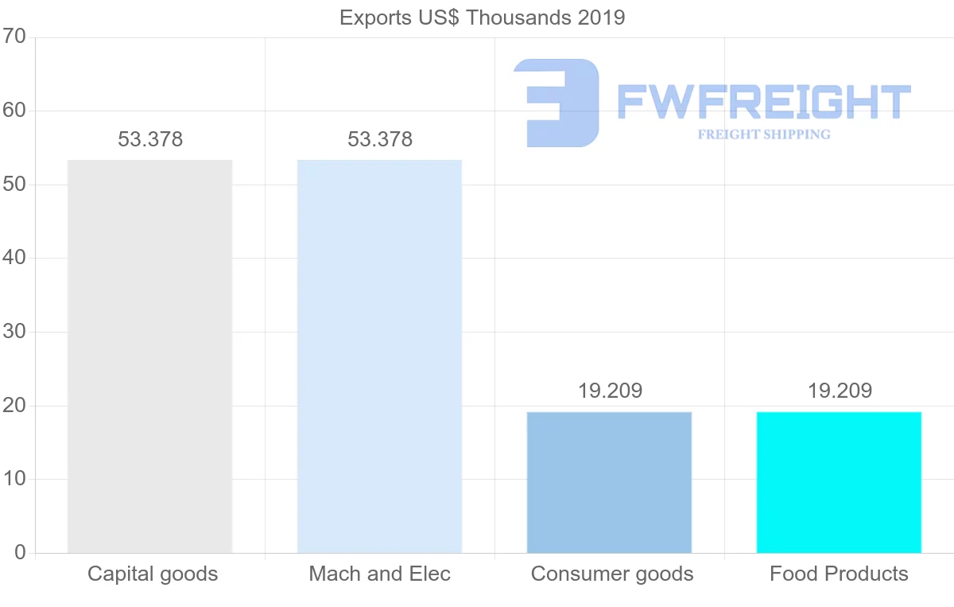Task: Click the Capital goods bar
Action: [149, 356]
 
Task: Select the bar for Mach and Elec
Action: [379, 356]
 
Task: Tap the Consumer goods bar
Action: [609, 482]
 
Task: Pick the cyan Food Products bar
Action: [839, 482]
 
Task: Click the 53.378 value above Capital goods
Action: [150, 139]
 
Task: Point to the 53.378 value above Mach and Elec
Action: [380, 139]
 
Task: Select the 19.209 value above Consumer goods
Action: [610, 391]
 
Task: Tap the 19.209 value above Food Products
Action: [840, 391]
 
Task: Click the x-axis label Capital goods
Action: [153, 574]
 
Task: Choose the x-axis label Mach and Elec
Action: [380, 574]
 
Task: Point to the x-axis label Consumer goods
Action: [612, 574]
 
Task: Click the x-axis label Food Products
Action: [839, 574]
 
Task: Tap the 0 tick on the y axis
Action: [20, 553]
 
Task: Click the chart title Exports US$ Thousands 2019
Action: [483, 18]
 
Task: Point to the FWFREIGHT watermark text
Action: [763, 102]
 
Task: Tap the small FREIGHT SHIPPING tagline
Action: [764, 134]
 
